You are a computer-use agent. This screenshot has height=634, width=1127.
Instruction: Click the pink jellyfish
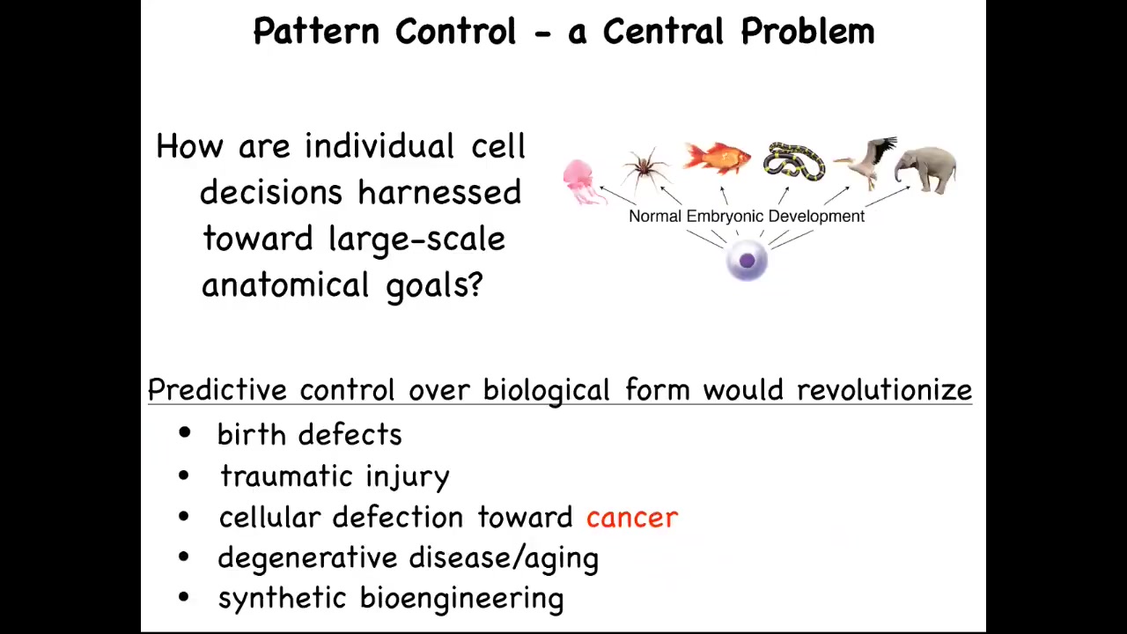click(x=583, y=182)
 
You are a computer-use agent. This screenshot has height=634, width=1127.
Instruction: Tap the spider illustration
click(x=645, y=168)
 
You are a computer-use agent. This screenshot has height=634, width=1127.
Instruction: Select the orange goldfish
click(x=717, y=158)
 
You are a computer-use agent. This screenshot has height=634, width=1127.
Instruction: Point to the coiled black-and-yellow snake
click(x=794, y=161)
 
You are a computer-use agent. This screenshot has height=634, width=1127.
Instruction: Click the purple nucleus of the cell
click(x=748, y=261)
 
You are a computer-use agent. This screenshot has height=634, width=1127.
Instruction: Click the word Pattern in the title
click(x=316, y=31)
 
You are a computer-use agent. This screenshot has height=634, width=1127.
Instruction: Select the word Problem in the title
click(x=808, y=31)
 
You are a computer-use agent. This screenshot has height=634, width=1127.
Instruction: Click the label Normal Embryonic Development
click(x=747, y=217)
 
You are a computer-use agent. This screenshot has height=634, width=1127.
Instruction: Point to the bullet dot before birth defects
click(x=185, y=432)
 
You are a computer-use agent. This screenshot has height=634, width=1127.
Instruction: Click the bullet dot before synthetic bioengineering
click(x=184, y=597)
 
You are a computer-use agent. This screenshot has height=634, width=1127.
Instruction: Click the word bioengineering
click(x=462, y=600)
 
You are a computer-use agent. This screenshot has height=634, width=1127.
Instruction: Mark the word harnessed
click(x=439, y=192)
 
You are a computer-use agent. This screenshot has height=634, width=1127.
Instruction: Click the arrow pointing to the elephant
click(x=888, y=196)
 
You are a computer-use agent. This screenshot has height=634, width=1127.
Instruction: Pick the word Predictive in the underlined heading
click(x=217, y=389)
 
